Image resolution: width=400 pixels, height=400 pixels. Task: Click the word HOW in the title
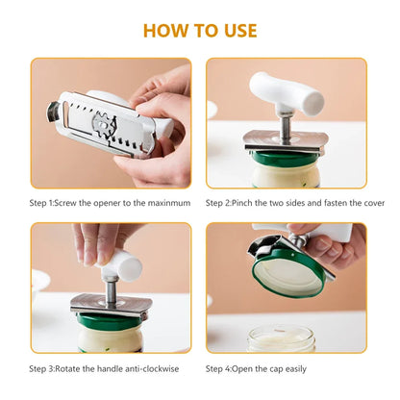pos(164,30)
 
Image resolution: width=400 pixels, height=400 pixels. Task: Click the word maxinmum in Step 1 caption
pos(169,203)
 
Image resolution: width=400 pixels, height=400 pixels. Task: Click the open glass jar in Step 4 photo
pos(281,337)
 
